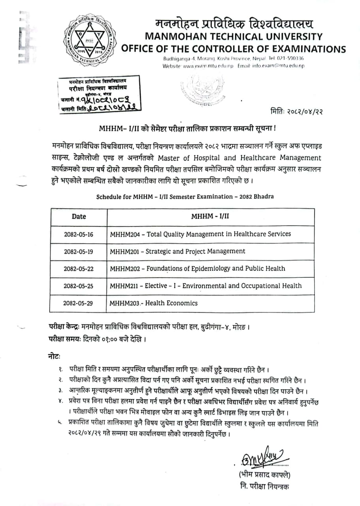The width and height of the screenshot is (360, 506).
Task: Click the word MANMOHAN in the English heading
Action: point(173,37)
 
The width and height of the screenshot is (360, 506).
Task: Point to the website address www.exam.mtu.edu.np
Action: point(208,66)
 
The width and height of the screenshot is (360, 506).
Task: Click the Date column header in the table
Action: point(79,217)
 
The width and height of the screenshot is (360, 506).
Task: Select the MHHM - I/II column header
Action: point(210,217)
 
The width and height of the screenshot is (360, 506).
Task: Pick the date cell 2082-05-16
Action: point(79,234)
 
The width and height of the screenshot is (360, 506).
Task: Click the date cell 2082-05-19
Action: point(79,251)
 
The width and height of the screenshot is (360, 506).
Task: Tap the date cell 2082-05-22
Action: point(79,269)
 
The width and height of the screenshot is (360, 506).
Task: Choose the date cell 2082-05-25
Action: point(79,286)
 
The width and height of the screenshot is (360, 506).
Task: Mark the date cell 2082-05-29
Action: point(79,303)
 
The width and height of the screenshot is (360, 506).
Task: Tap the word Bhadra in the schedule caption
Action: point(264,197)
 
